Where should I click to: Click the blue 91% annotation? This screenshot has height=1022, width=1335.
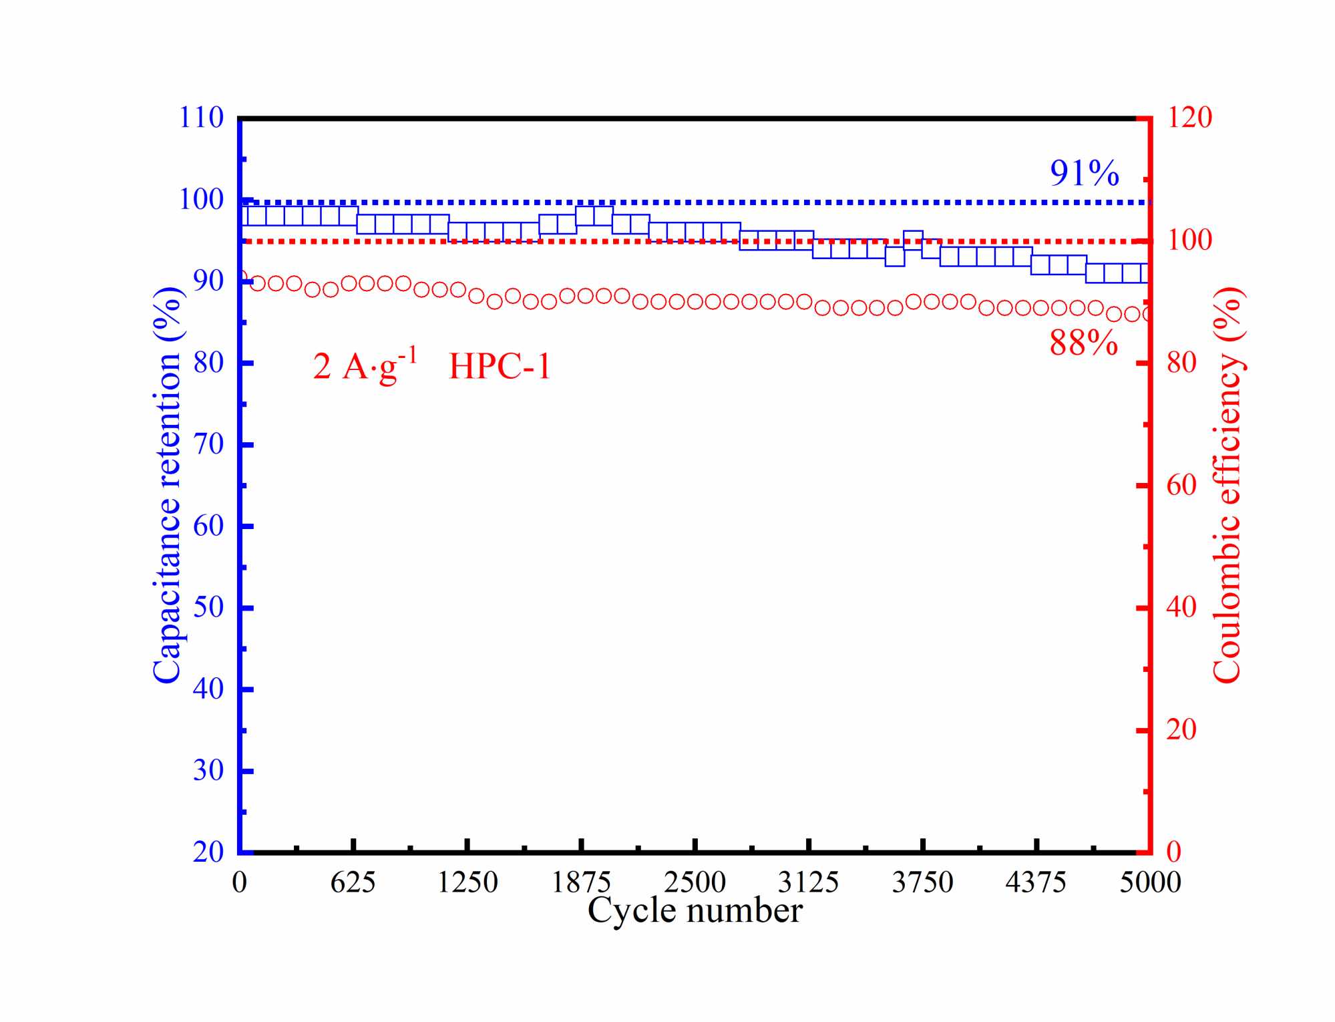pyautogui.click(x=1084, y=174)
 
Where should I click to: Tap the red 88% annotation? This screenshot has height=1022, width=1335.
pyautogui.click(x=1083, y=343)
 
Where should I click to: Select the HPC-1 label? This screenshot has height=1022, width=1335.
pyautogui.click(x=500, y=367)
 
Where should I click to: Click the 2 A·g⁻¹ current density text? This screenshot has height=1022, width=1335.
pyautogui.click(x=365, y=366)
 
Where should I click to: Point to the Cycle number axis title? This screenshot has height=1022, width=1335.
pyautogui.click(x=695, y=910)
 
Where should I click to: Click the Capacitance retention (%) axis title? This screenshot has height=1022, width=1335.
pyautogui.click(x=167, y=486)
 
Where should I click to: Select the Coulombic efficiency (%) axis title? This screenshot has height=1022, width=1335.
pyautogui.click(x=1226, y=486)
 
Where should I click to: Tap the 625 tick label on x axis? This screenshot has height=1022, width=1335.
pyautogui.click(x=353, y=883)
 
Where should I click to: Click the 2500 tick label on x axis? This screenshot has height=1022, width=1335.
pyautogui.click(x=695, y=883)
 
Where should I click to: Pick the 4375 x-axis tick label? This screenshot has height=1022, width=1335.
pyautogui.click(x=1036, y=883)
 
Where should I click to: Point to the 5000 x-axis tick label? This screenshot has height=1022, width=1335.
pyautogui.click(x=1150, y=883)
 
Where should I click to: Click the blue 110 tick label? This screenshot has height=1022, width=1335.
pyautogui.click(x=201, y=118)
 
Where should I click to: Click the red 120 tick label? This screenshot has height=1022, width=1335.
pyautogui.click(x=1189, y=118)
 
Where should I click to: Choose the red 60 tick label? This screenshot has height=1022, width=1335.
pyautogui.click(x=1181, y=486)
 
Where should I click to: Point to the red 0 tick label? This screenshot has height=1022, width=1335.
pyautogui.click(x=1173, y=852)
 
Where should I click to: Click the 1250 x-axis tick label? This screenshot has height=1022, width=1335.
pyautogui.click(x=467, y=883)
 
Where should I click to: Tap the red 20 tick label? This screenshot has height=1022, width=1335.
pyautogui.click(x=1181, y=729)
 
